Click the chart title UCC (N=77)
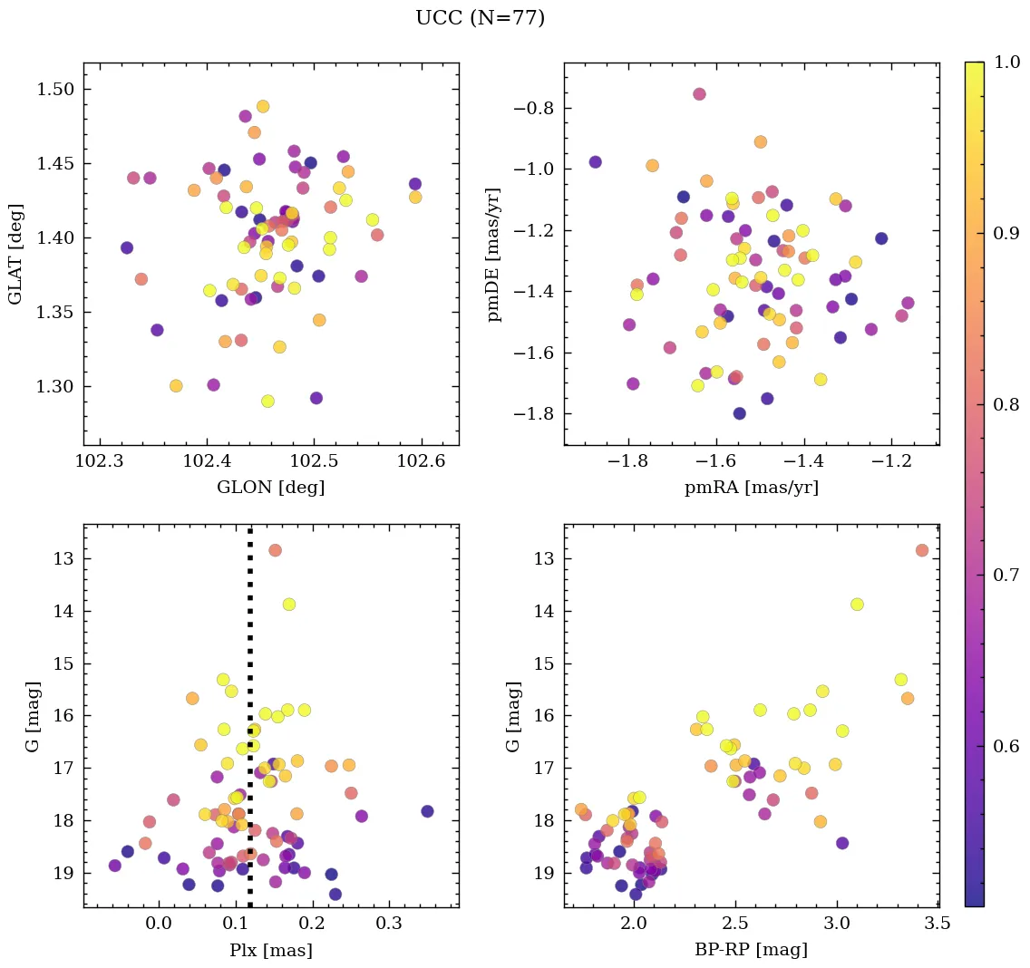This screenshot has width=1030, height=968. point(480,18)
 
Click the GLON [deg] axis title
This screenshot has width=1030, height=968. point(270,488)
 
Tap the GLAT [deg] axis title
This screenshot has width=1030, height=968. point(15,254)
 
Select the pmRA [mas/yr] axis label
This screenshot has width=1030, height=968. point(751,488)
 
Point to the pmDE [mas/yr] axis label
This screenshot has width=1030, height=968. point(493,254)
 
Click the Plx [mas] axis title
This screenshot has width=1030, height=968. point(270,950)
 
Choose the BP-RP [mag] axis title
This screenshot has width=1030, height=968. point(751,950)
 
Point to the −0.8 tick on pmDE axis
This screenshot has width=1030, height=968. point(534,109)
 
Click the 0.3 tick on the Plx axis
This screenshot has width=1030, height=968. point(390,924)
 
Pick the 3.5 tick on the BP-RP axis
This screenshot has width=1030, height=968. point(938,924)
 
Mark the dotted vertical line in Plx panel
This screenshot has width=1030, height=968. point(250,725)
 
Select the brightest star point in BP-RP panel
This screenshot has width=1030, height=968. point(922,550)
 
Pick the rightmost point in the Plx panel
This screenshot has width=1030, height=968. point(427,811)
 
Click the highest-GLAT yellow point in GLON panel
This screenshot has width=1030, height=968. point(263,106)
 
